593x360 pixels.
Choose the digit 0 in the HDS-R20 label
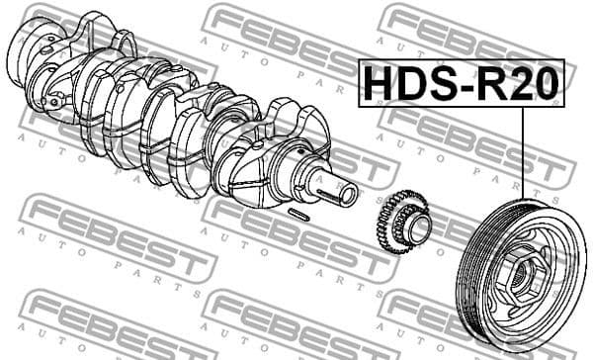[545, 83]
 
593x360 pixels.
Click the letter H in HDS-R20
[380, 83]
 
